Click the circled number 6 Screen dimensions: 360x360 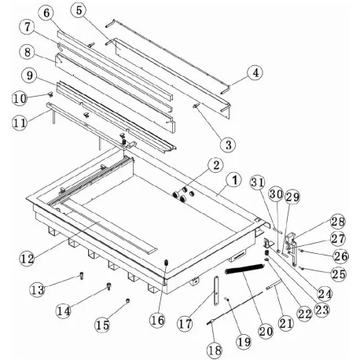pos(48,13)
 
